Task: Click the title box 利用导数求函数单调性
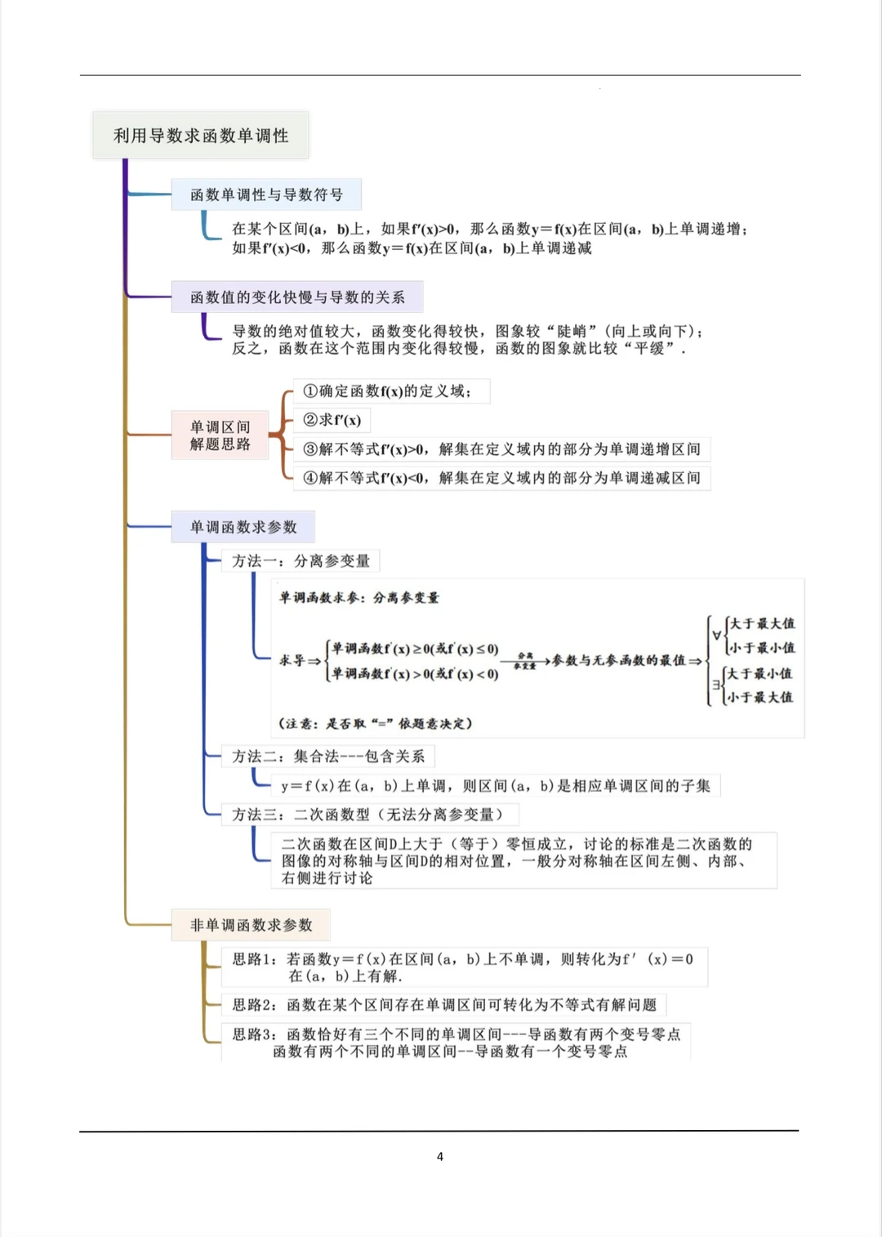201,136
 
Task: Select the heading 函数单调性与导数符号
266,194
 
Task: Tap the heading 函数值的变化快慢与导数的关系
297,297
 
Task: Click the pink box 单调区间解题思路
220,435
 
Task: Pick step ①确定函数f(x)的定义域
390,391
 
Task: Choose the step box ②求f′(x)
332,420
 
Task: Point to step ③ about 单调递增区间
501,449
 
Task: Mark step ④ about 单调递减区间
501,478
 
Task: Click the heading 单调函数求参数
243,527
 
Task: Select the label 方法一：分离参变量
301,560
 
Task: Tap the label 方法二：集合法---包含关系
328,757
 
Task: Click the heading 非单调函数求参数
252,925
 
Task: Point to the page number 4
440,1156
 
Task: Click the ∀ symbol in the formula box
717,635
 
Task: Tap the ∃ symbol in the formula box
716,685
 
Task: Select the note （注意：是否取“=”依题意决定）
376,723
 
